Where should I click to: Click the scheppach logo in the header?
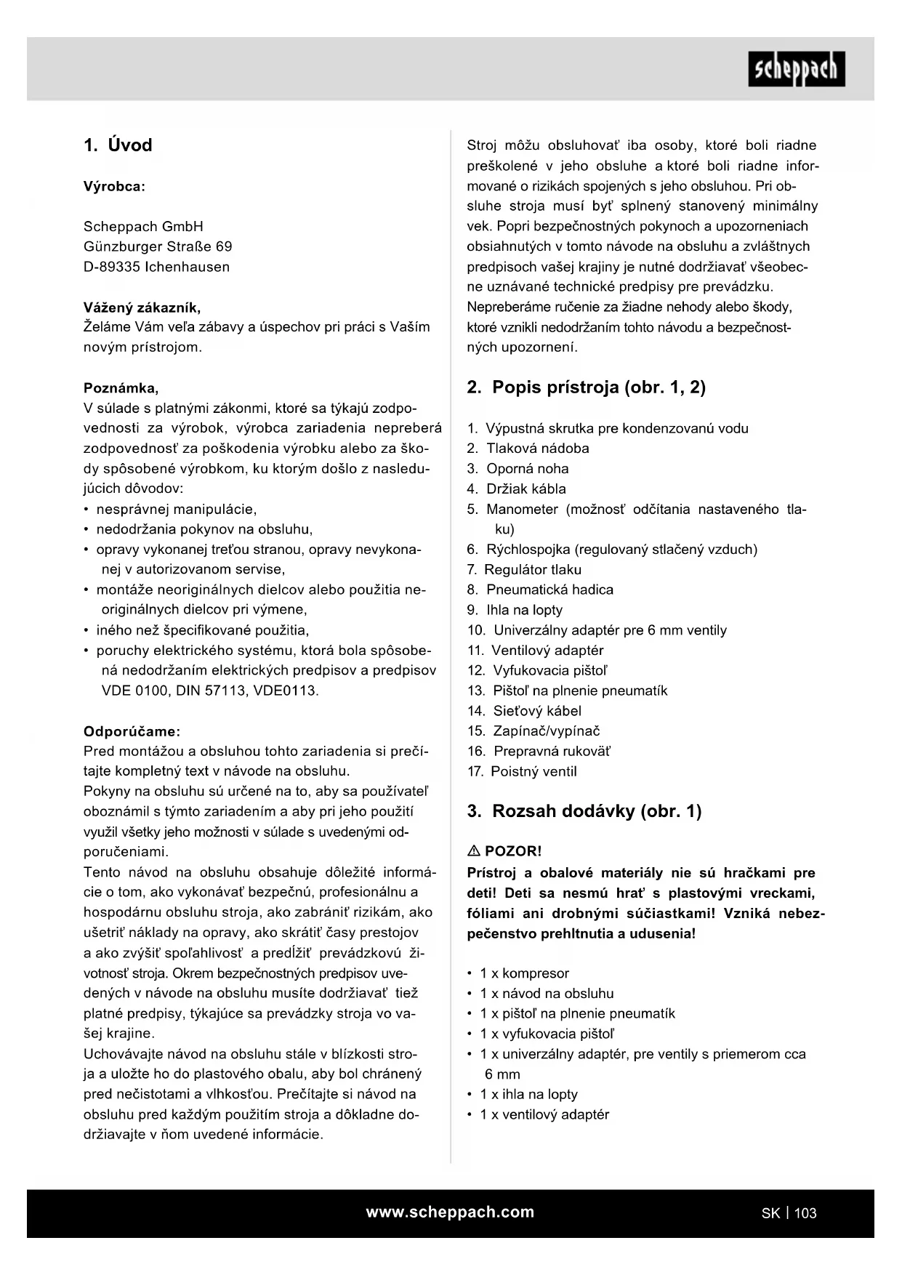point(797,69)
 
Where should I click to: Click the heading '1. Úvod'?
point(118,145)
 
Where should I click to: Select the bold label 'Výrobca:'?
point(114,186)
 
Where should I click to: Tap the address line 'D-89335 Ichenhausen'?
point(156,267)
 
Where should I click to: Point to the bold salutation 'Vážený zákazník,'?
point(142,307)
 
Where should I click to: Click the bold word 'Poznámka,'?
point(121,387)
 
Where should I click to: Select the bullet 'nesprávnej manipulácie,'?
point(176,509)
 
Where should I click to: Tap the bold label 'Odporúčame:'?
point(132,731)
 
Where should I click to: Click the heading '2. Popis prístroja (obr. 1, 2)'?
point(586,387)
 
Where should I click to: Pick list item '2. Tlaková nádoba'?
point(528,449)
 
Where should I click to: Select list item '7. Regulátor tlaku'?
point(524,570)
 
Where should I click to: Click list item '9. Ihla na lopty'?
point(515,610)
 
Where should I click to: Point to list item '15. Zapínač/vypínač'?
point(533,731)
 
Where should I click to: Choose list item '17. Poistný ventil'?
point(522,772)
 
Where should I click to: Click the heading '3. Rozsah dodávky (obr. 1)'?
point(584,811)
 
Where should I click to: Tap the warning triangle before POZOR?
point(474,850)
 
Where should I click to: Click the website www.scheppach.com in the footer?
point(450,1212)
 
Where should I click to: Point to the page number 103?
point(805,1213)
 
